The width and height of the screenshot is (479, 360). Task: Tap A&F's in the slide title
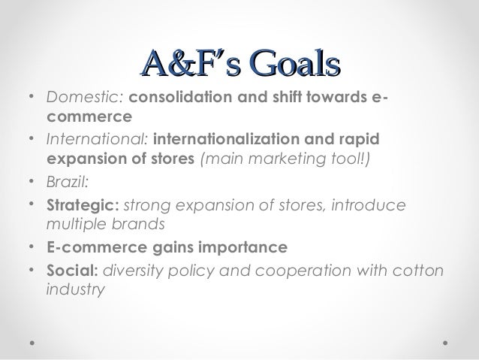pos(181,61)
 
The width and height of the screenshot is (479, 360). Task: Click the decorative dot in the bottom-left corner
pos(32,340)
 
